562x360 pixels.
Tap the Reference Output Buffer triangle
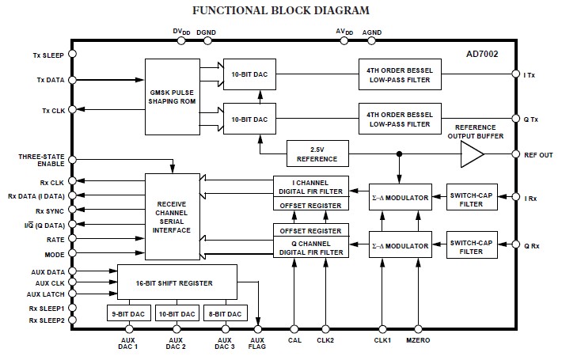pyautogui.click(x=473, y=154)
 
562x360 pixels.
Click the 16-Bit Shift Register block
pyautogui.click(x=177, y=281)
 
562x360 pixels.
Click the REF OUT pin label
pyautogui.click(x=537, y=154)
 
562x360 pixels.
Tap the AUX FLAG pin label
pyautogui.click(x=258, y=345)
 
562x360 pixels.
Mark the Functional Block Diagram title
pyautogui.click(x=281, y=9)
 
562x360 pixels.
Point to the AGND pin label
pyautogui.click(x=372, y=32)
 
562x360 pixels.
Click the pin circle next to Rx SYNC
pyautogui.click(x=72, y=211)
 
